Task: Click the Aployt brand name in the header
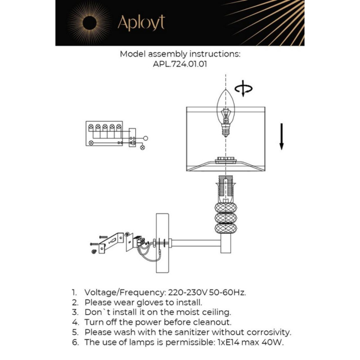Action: [x=141, y=23]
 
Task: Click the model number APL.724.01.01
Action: [x=180, y=65]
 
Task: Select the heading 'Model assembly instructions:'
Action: [x=180, y=54]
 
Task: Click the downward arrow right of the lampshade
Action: [x=281, y=136]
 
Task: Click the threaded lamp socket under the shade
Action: [x=226, y=188]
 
